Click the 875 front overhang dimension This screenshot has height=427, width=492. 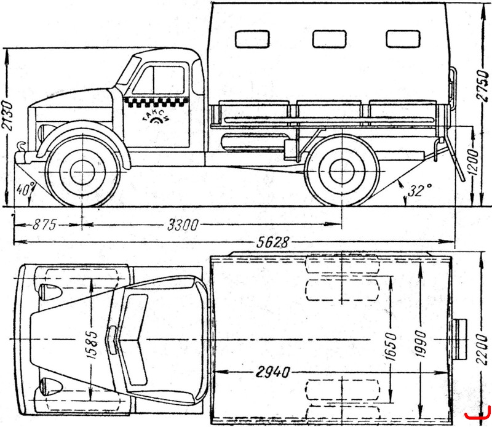pyautogui.click(x=44, y=225)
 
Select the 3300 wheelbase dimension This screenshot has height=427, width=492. pyautogui.click(x=183, y=225)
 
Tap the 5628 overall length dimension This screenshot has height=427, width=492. pyautogui.click(x=272, y=242)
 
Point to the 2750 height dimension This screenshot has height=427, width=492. pyautogui.click(x=483, y=86)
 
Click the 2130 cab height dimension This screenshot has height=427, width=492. pyautogui.click(x=7, y=116)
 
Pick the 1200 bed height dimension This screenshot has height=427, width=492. pyautogui.click(x=474, y=162)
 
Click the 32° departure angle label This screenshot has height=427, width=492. pyautogui.click(x=420, y=190)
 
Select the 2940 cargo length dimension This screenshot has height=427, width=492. pyautogui.click(x=272, y=372)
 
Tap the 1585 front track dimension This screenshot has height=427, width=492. pyautogui.click(x=91, y=345)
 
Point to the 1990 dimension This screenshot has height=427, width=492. pyautogui.click(x=420, y=343)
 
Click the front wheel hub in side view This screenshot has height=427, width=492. pyautogui.click(x=82, y=172)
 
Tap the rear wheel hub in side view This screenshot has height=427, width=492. pyautogui.click(x=342, y=172)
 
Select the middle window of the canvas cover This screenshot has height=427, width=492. pyautogui.click(x=329, y=39)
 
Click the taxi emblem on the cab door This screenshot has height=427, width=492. pyautogui.click(x=156, y=119)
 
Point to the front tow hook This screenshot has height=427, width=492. pyautogui.click(x=22, y=146)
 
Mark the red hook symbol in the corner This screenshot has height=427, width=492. pyautogui.click(x=478, y=414)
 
